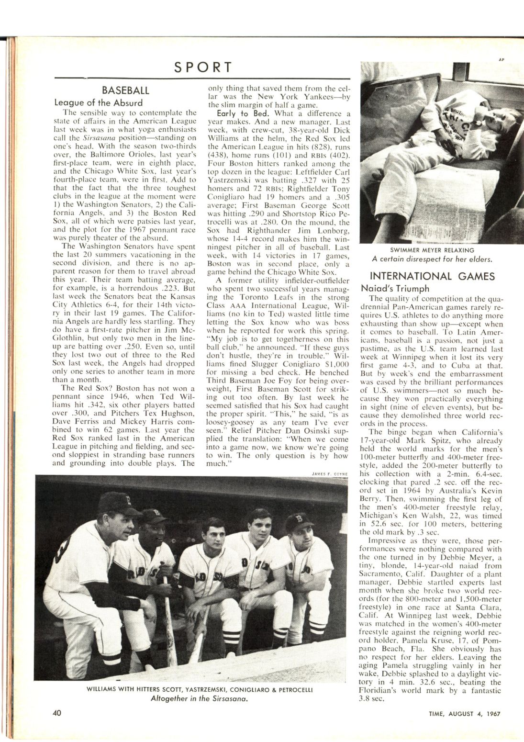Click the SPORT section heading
(202, 67)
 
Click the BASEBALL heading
(125, 90)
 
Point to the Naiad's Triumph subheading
(395, 288)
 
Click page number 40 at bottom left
(57, 713)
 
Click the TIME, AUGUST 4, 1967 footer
(464, 714)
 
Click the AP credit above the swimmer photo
(502, 60)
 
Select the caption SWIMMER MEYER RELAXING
(432, 250)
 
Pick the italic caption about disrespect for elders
(432, 259)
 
